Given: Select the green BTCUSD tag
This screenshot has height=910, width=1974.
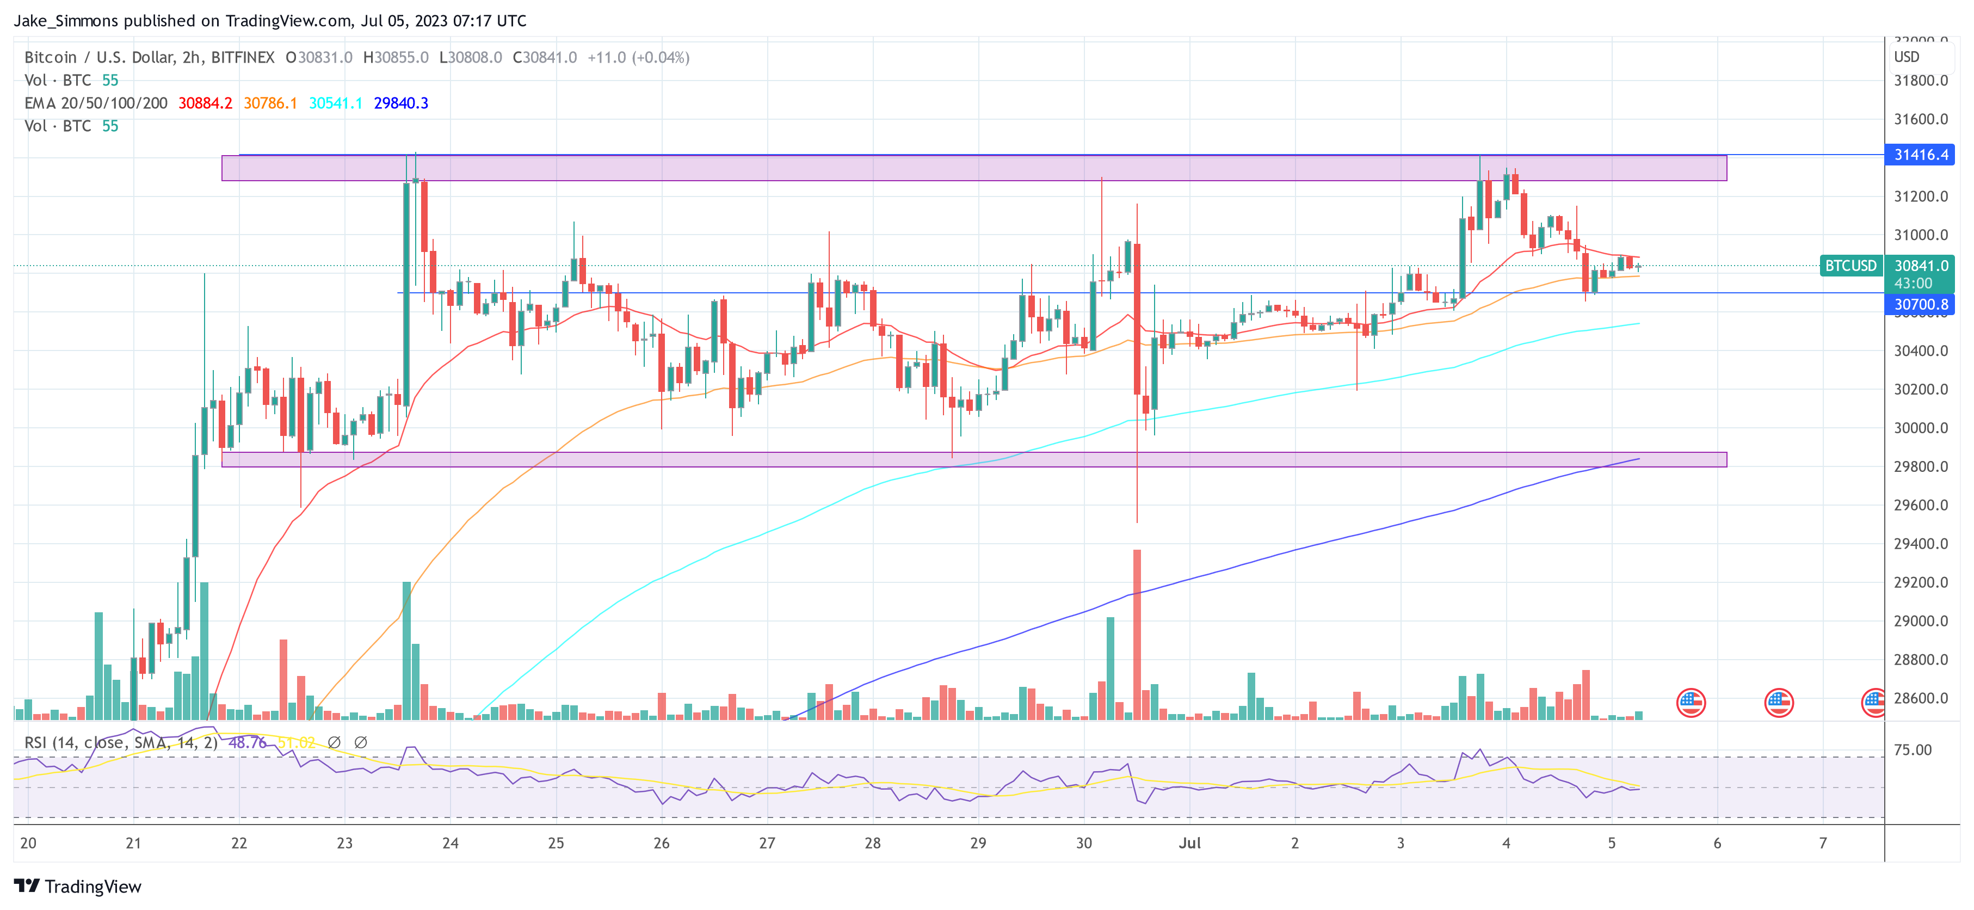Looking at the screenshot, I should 1850,266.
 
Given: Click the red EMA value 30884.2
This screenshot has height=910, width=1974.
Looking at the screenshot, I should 205,103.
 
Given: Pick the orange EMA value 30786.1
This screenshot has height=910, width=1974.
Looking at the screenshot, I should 270,103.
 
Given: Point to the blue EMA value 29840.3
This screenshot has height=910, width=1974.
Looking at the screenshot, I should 401,103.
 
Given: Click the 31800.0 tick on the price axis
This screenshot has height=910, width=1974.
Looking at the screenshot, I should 1920,81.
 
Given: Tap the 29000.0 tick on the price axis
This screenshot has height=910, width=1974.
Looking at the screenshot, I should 1920,621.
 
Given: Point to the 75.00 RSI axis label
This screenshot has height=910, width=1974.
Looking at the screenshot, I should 1912,750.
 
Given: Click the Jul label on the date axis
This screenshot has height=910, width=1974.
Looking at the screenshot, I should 1189,843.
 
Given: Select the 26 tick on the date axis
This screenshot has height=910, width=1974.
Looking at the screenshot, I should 661,843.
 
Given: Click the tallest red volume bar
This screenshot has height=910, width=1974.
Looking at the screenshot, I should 1137,634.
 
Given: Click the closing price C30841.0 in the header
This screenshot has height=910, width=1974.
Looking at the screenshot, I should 545,58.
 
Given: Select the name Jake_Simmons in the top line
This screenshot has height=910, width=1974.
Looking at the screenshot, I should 66,21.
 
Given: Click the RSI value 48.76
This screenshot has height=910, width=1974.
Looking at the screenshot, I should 248,743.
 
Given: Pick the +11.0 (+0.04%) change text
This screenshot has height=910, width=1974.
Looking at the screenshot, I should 638,58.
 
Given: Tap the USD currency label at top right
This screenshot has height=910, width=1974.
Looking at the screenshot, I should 1907,57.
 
